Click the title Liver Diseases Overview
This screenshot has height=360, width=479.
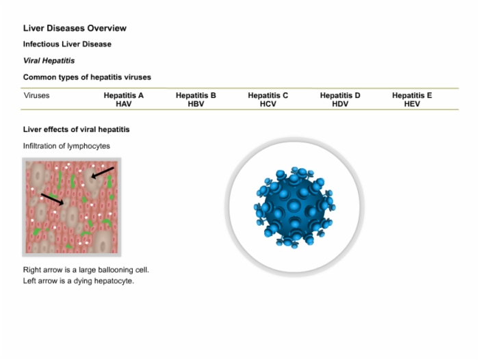[75, 28]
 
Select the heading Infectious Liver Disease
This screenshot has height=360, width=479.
[67, 44]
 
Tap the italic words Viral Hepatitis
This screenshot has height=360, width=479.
[49, 60]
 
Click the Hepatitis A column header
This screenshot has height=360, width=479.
[124, 95]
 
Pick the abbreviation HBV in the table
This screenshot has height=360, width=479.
[196, 104]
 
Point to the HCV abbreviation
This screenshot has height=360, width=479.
[268, 104]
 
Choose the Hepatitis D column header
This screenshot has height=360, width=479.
[340, 95]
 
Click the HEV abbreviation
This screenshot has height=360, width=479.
[412, 104]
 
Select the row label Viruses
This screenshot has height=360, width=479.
[36, 95]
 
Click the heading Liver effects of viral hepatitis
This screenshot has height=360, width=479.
[77, 129]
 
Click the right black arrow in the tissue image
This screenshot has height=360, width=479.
[103, 172]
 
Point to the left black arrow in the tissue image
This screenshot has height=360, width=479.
[52, 199]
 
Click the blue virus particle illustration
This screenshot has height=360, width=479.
[294, 207]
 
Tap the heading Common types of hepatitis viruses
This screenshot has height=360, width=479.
[87, 77]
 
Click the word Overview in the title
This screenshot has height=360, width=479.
[107, 28]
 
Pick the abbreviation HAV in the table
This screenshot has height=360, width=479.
[124, 104]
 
